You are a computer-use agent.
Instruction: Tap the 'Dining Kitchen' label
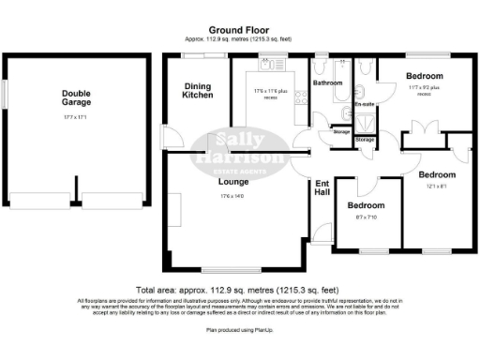[x=198, y=90]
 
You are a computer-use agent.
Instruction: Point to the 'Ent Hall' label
[x=322, y=187]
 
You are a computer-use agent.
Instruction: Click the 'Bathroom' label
[x=327, y=83]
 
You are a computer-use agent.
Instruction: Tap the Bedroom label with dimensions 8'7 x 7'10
[x=366, y=204]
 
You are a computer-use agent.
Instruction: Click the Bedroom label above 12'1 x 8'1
[x=436, y=174]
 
